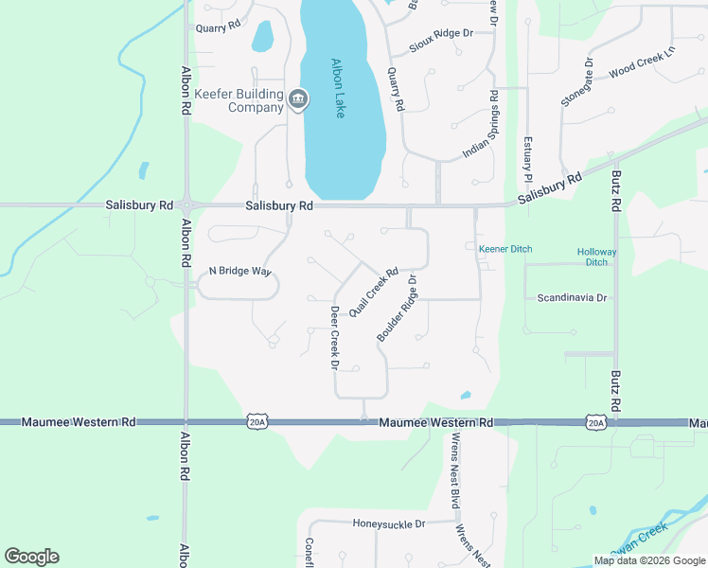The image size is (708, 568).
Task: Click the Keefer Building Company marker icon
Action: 297,98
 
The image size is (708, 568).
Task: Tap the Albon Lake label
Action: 338,88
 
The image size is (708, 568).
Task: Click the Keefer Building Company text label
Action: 239,100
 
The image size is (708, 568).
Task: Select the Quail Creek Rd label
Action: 374,291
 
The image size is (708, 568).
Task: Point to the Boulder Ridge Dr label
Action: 397,309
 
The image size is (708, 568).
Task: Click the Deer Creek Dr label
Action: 334,338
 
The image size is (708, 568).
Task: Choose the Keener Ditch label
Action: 505,249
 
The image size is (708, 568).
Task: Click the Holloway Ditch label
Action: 596,257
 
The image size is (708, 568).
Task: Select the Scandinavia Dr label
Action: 572,297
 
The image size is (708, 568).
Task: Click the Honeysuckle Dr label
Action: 389,524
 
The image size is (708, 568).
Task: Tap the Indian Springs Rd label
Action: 480,126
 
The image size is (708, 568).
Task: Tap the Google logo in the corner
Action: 31,557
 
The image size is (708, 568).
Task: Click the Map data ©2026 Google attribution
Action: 649,560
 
